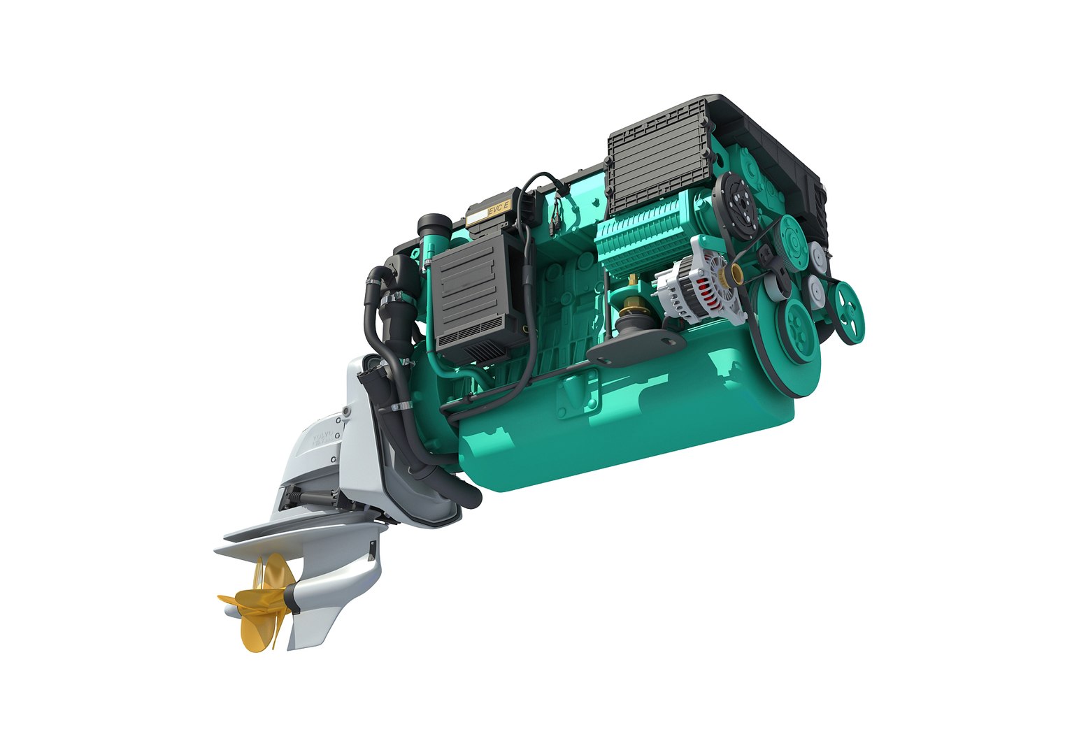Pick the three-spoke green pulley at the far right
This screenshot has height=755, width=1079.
(849, 312)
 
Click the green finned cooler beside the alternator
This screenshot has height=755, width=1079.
(640, 238)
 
